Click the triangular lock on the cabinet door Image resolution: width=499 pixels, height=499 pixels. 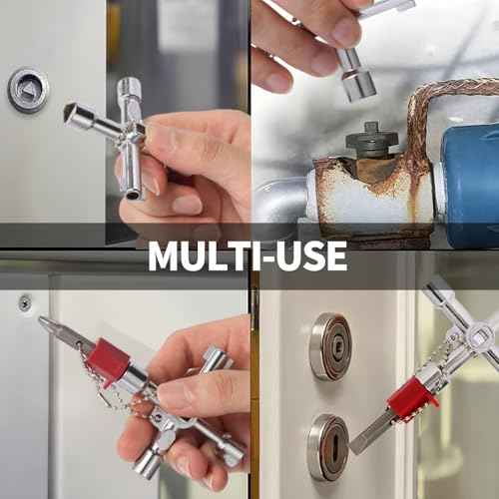(x=29, y=90)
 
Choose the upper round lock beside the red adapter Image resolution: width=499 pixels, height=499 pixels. (x=329, y=346)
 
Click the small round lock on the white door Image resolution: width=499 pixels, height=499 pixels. (x=24, y=302)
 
